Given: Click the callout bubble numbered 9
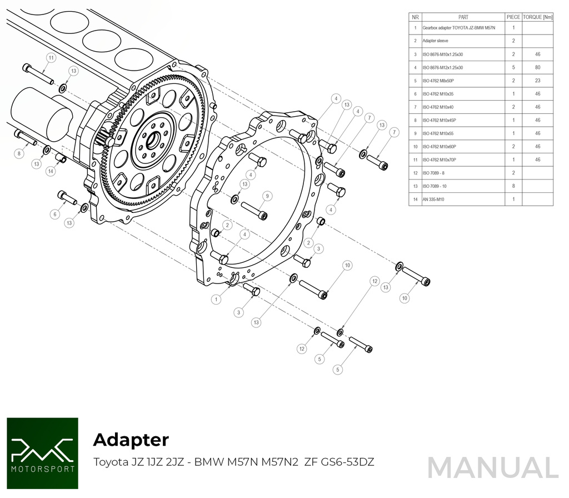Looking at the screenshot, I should click(x=267, y=196).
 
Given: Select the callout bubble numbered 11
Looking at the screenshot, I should click(x=51, y=57).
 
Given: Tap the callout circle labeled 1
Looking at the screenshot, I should click(x=217, y=299).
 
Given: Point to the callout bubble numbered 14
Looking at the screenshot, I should click(x=51, y=172).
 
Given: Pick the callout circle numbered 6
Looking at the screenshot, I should click(x=54, y=214).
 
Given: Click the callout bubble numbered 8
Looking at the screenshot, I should click(x=19, y=153).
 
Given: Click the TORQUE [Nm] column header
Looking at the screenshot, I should click(x=537, y=17).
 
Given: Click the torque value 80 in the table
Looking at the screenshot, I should click(x=537, y=67).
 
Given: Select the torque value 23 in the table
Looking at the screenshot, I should click(x=537, y=81).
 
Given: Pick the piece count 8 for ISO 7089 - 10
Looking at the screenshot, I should click(x=513, y=186).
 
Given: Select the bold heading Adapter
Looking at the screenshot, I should click(x=131, y=440).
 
